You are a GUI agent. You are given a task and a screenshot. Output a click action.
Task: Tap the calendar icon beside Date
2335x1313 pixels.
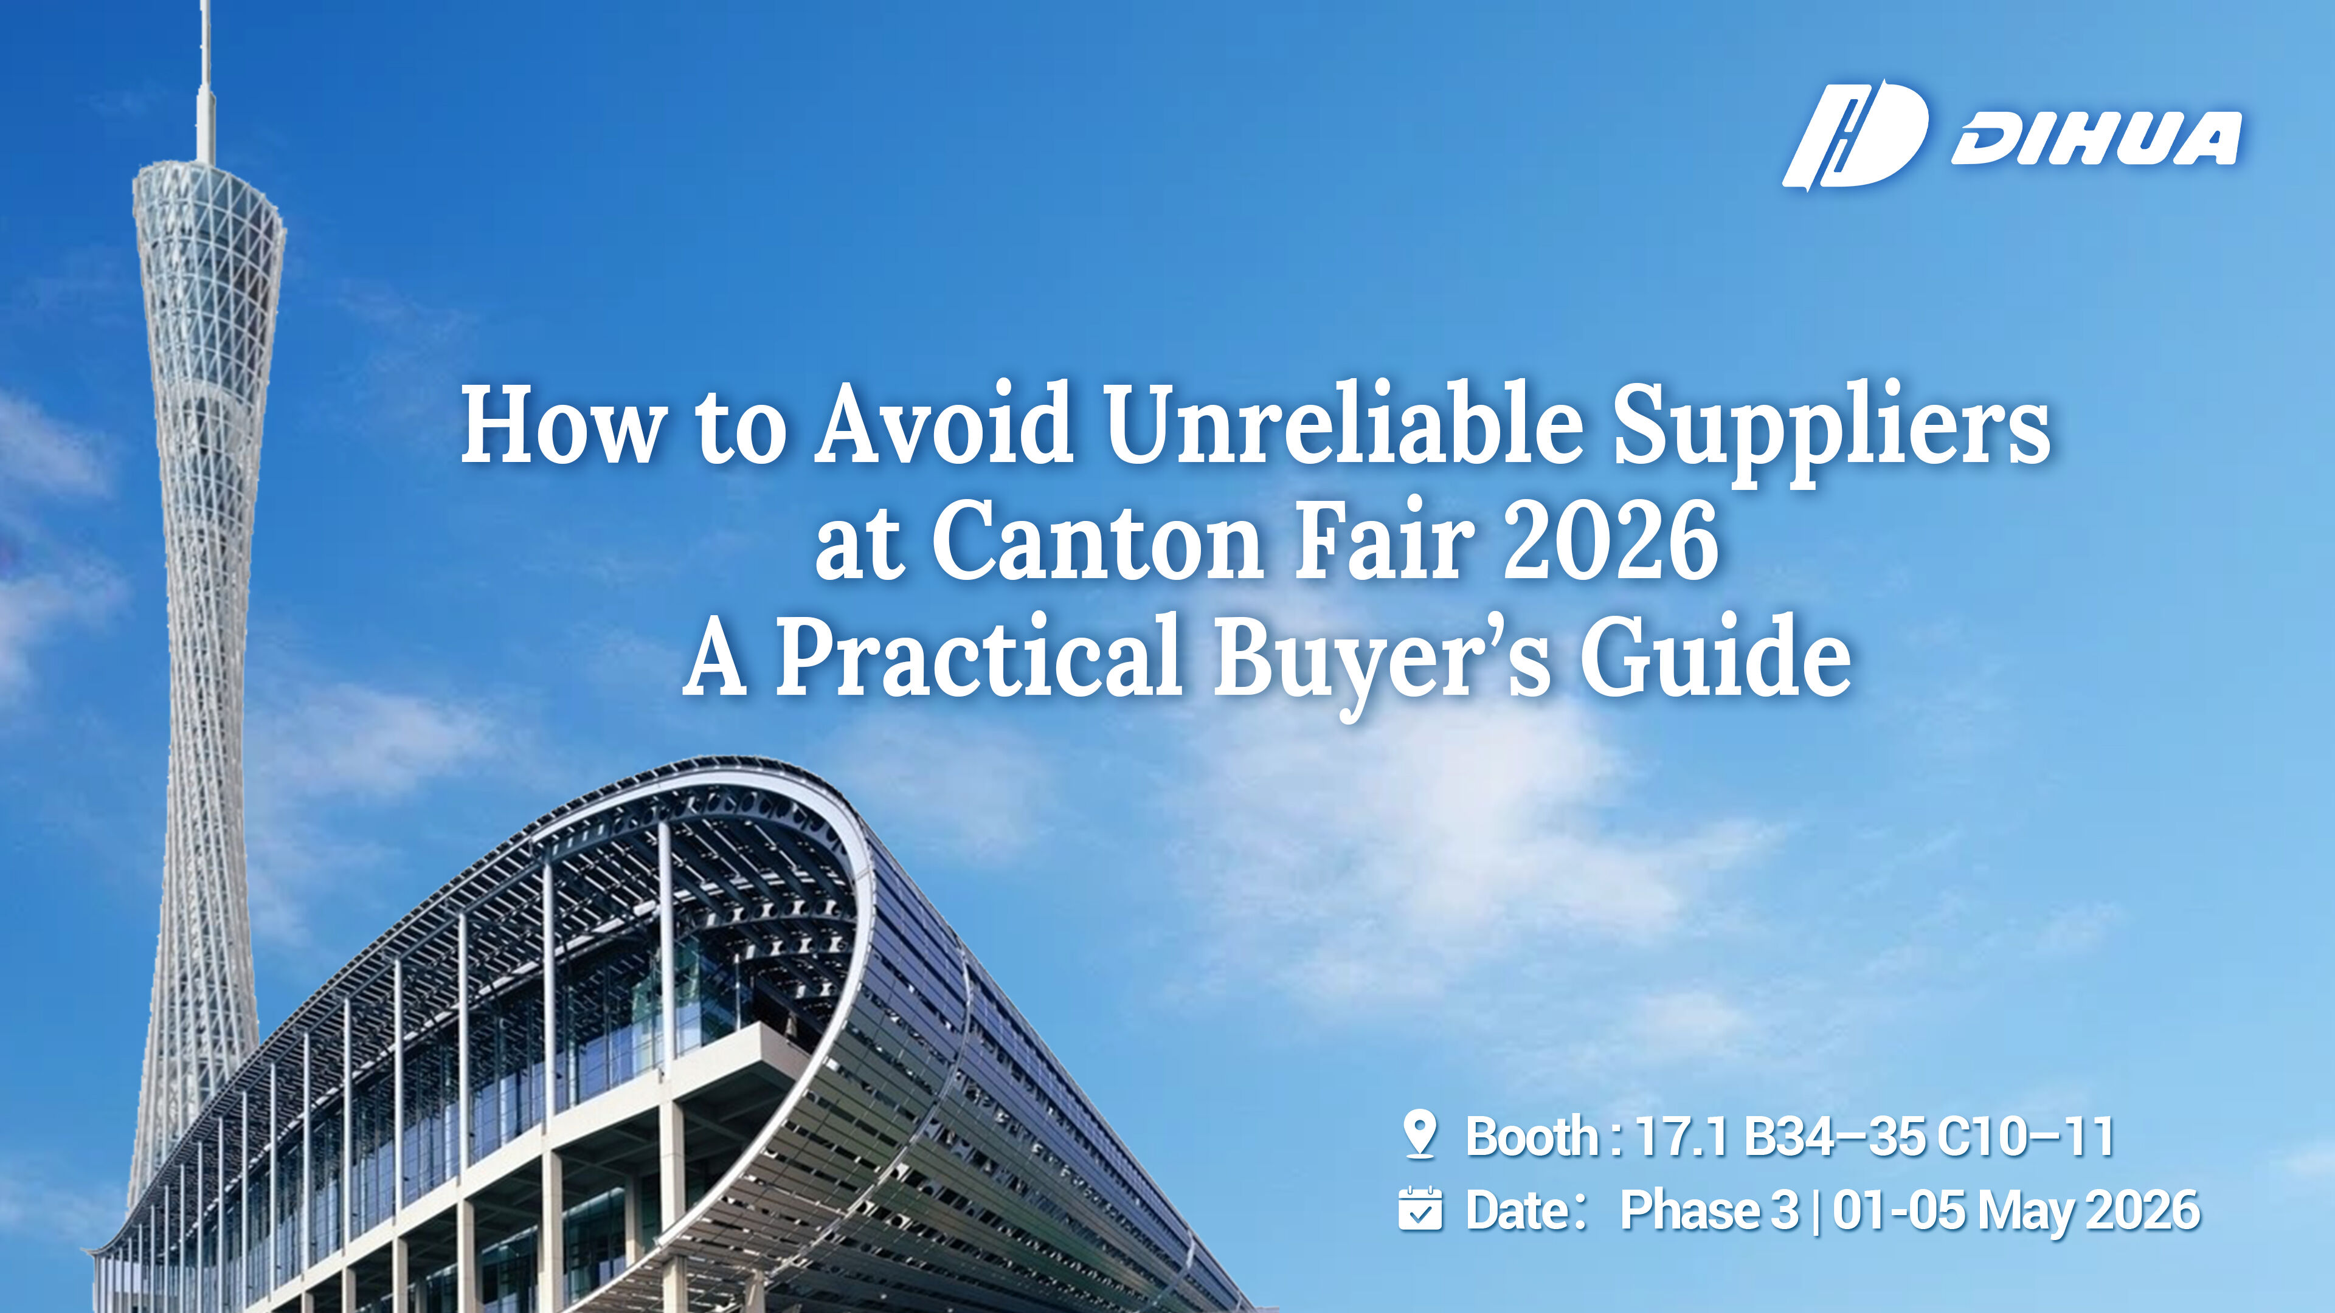point(1419,1209)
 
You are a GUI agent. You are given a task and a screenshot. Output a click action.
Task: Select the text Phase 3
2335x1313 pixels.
point(1709,1210)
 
